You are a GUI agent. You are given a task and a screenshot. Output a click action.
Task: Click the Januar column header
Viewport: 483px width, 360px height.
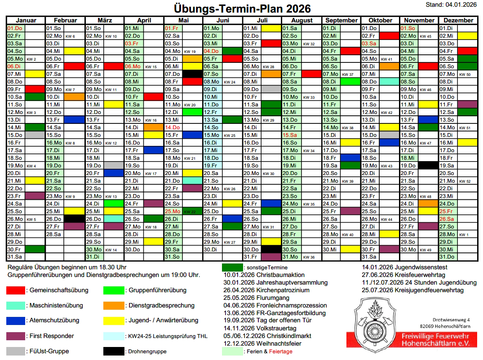(x=26, y=20)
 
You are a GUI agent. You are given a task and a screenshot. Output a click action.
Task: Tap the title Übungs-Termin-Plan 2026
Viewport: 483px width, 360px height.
(x=242, y=9)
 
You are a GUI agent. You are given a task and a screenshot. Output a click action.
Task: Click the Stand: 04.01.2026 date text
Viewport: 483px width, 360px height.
(x=451, y=4)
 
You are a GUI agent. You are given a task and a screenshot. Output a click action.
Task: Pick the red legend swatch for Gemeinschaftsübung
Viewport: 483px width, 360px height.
(x=16, y=290)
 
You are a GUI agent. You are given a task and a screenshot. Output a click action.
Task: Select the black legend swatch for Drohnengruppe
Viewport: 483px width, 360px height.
(x=113, y=351)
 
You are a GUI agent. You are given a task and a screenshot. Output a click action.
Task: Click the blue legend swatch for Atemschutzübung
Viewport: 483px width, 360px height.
(x=16, y=320)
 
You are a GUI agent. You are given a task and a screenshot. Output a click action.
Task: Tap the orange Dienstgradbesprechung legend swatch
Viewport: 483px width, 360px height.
(x=113, y=305)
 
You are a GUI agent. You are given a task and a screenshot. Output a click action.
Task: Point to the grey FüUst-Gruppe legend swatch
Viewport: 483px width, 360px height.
(x=16, y=351)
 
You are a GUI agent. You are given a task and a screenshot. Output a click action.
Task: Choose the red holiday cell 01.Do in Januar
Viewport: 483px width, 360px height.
(x=15, y=28)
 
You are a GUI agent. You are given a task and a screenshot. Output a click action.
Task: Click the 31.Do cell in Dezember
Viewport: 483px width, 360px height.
(x=448, y=257)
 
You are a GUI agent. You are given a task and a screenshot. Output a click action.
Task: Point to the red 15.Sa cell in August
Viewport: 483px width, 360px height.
(x=290, y=135)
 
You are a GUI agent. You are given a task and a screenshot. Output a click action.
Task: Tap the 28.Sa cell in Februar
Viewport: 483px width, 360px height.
(x=54, y=234)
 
